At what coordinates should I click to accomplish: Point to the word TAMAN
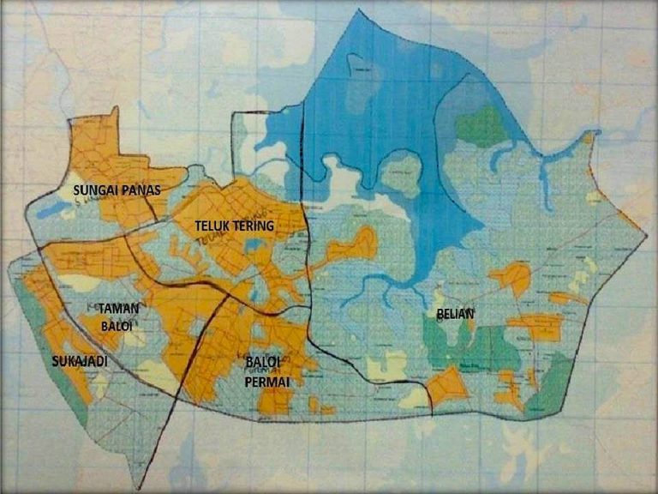119,308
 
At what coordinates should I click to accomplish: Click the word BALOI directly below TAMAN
119,325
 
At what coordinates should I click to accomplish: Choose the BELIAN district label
455,315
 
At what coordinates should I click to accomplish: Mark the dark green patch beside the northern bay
481,126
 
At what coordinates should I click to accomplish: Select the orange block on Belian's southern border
447,387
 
